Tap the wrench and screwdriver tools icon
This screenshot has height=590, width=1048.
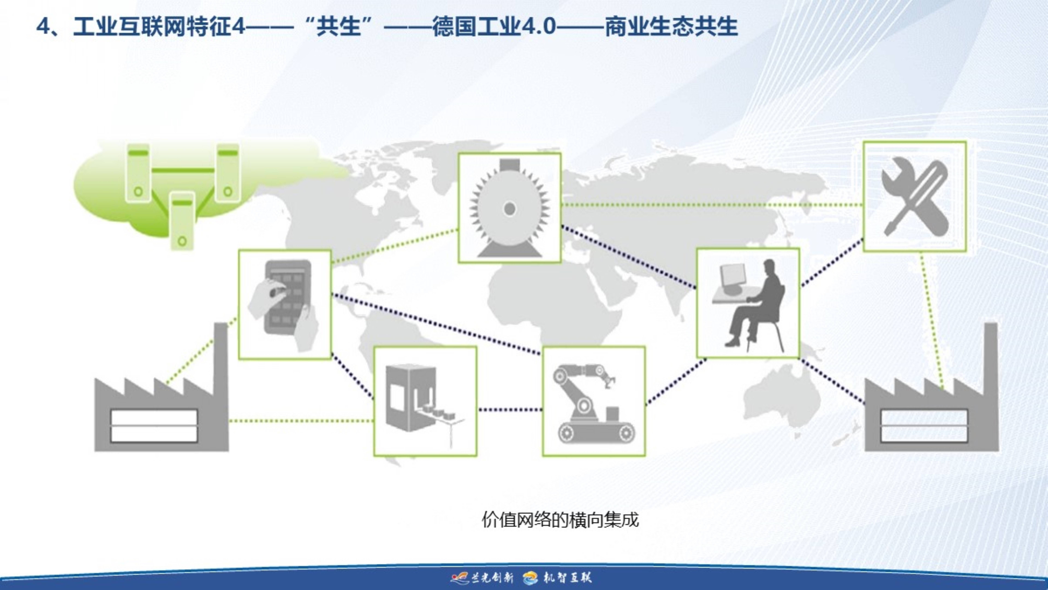915,197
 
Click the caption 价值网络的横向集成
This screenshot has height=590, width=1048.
560,519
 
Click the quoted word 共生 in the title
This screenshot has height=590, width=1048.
338,27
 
